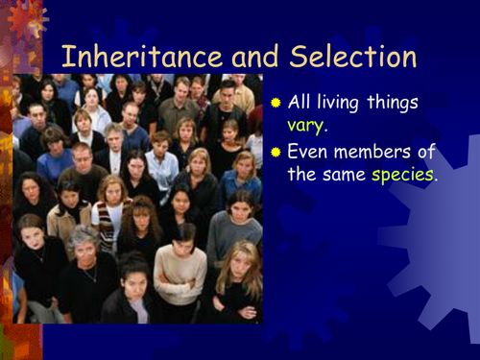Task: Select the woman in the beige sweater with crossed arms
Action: (180, 269)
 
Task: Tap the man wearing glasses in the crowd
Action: (84, 158)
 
